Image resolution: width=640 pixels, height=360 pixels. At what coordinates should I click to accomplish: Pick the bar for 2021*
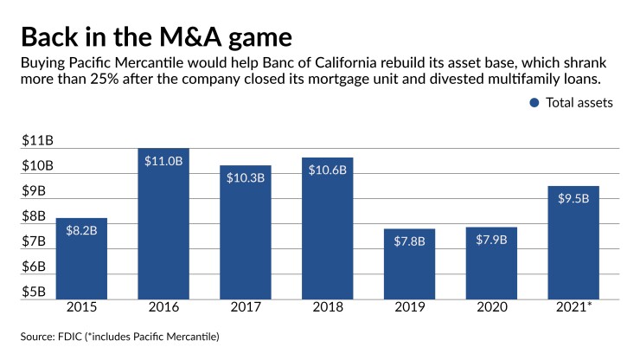(573, 242)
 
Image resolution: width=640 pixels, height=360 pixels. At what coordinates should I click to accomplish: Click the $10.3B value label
(245, 177)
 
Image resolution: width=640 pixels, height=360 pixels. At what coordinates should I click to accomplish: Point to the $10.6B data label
(327, 170)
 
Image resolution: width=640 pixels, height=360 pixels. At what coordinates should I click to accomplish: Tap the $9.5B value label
(573, 198)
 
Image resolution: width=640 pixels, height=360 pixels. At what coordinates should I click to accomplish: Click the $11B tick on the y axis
(37, 140)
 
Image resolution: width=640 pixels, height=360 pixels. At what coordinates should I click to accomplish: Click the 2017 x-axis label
(245, 307)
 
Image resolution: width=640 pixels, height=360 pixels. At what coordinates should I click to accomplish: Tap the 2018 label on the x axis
(327, 307)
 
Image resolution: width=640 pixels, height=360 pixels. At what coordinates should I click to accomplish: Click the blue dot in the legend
(534, 102)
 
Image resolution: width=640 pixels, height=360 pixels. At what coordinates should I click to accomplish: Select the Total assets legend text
(579, 102)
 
